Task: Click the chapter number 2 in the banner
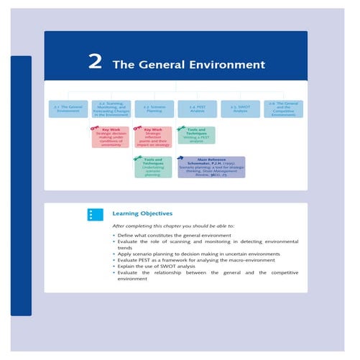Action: click(94, 63)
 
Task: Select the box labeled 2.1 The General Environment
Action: click(70, 109)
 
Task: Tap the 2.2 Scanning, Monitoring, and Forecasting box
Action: click(109, 109)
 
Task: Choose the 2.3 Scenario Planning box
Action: click(152, 109)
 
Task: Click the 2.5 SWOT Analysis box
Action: click(240, 109)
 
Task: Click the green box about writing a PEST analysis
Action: click(195, 134)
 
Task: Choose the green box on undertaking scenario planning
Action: click(152, 167)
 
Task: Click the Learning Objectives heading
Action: click(142, 213)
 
